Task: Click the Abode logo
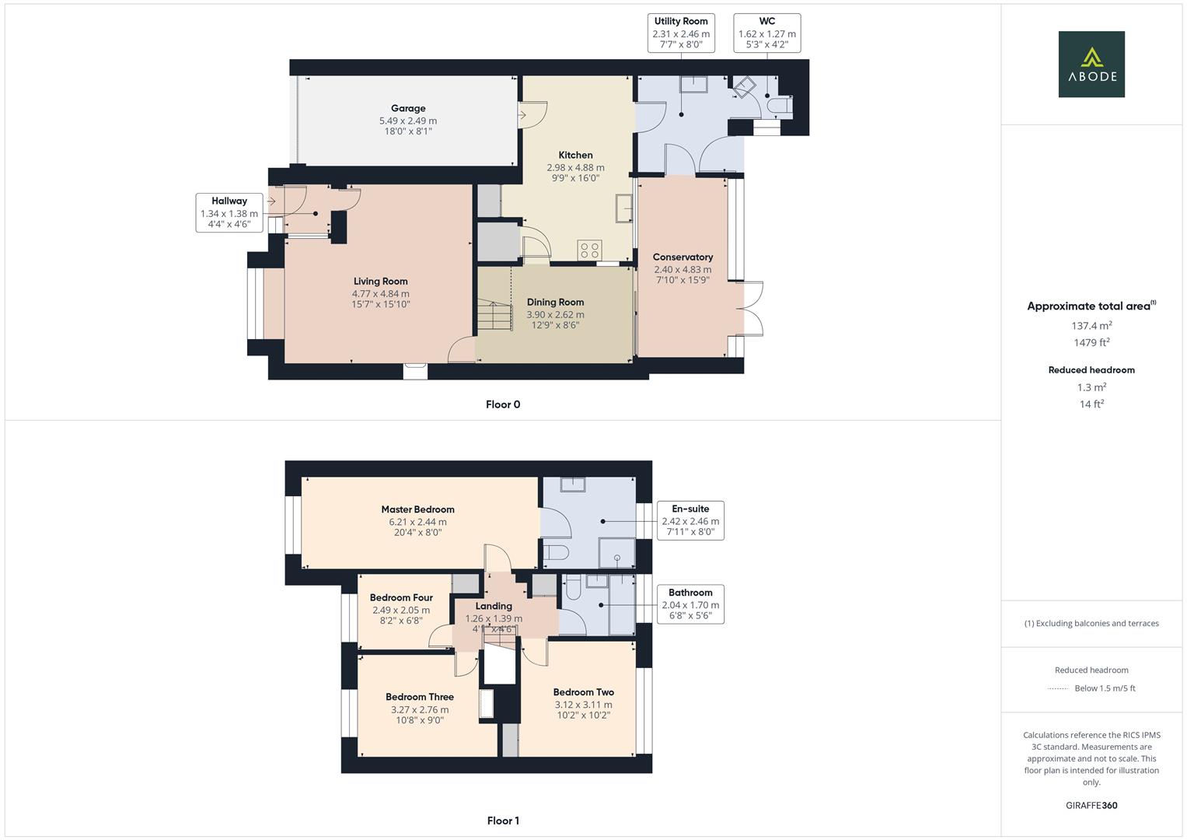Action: (1091, 65)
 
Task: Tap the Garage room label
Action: (408, 109)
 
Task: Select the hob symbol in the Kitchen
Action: (589, 250)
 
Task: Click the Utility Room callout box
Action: (681, 33)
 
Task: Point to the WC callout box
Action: (766, 33)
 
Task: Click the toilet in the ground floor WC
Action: (780, 107)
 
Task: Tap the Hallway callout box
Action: (229, 212)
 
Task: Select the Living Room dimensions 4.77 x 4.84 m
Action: (380, 294)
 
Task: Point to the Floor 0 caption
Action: (503, 404)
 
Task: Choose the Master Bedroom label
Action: (417, 509)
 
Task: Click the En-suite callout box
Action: (690, 520)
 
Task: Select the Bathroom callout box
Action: (690, 604)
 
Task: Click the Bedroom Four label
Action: (401, 597)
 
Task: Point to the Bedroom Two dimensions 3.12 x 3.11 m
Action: (583, 705)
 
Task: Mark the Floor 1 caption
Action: (503, 821)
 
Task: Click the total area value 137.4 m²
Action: (1091, 326)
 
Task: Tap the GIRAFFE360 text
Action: (1091, 805)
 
